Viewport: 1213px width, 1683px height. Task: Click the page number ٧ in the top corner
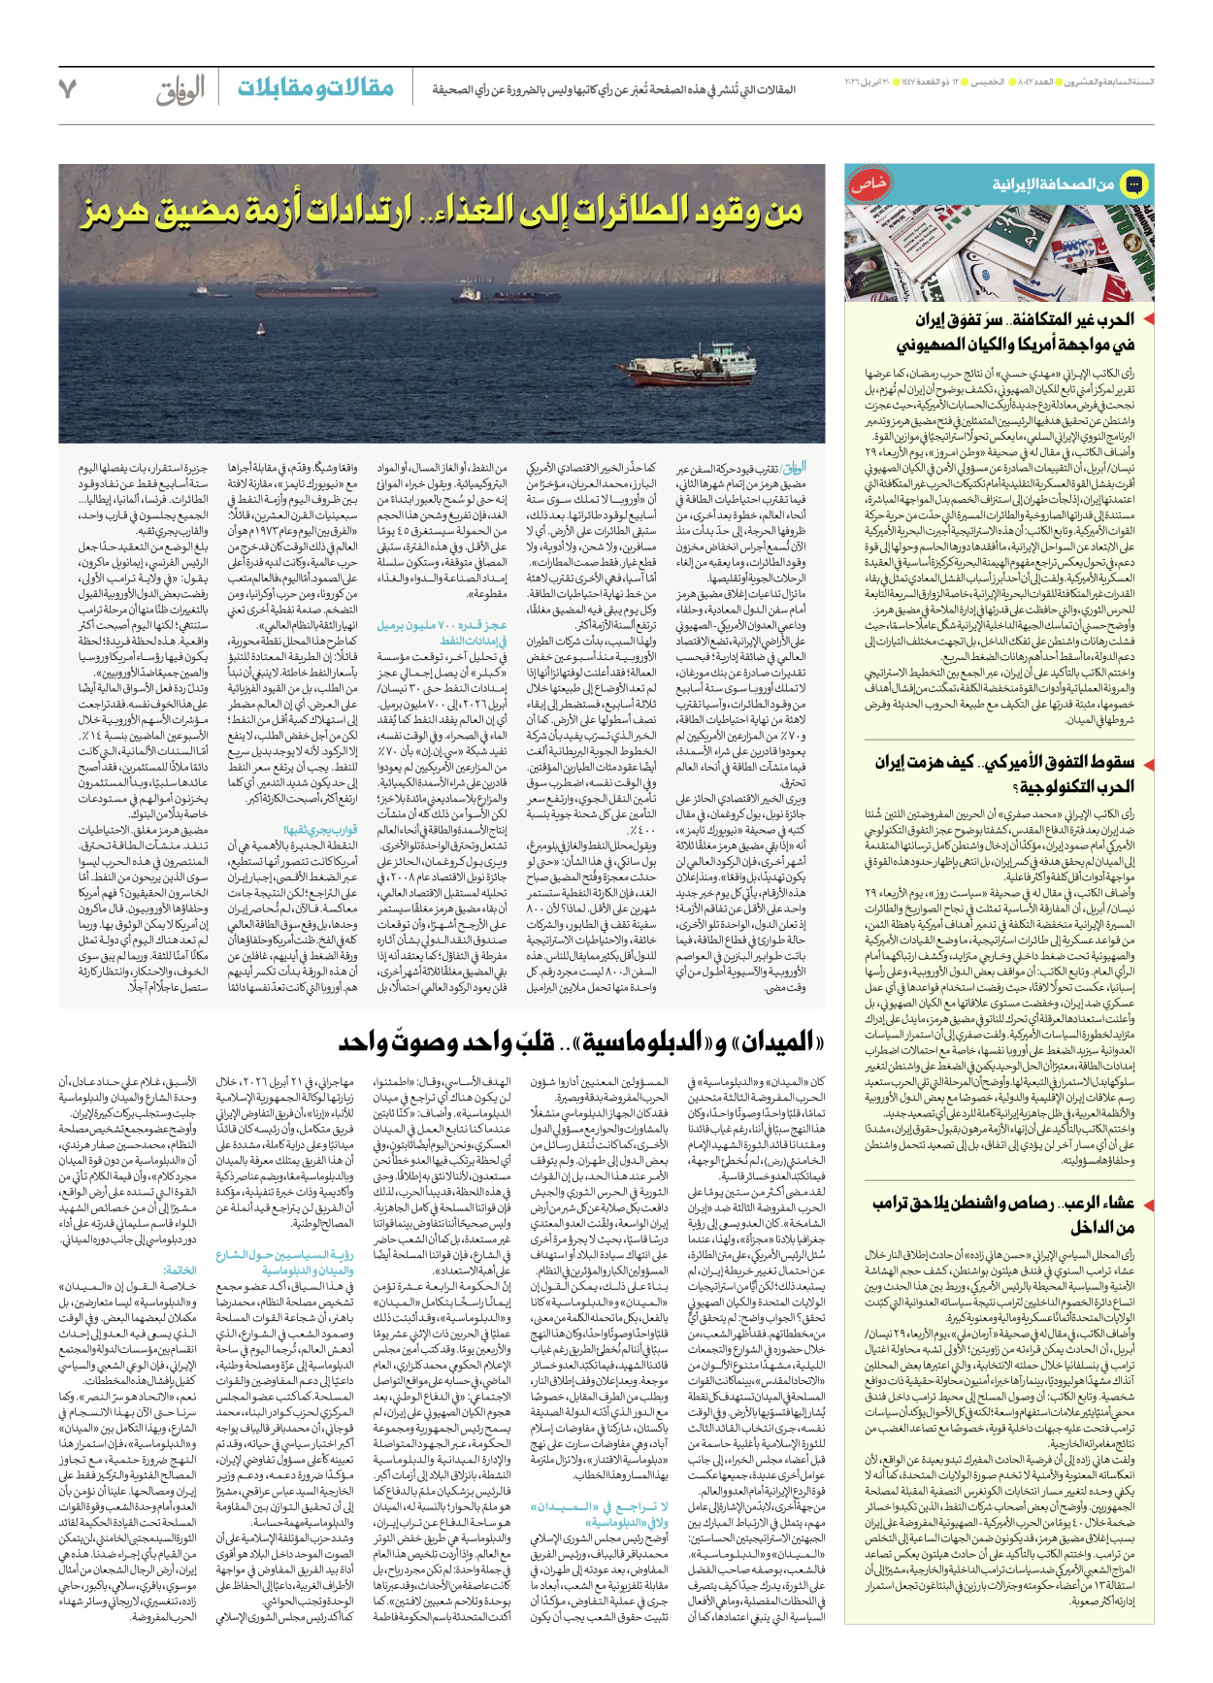[x=68, y=90]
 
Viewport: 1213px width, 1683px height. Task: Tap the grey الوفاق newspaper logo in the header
[x=180, y=90]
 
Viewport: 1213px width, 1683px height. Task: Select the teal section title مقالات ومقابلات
[x=315, y=89]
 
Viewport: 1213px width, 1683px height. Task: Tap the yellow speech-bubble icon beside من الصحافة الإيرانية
[x=1132, y=183]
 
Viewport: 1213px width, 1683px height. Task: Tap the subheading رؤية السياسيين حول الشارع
[x=284, y=1255]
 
